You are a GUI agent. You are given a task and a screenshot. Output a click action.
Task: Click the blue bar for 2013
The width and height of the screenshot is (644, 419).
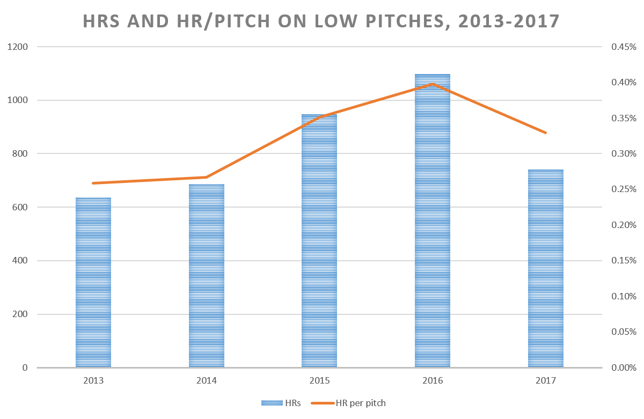pyautogui.click(x=93, y=283)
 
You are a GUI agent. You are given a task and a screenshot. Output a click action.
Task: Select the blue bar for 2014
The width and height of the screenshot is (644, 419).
pyautogui.click(x=207, y=276)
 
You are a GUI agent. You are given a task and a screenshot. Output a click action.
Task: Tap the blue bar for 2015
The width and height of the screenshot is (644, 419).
pyautogui.click(x=319, y=241)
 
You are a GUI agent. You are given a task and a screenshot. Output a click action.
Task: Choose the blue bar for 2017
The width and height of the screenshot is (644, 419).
pyautogui.click(x=546, y=269)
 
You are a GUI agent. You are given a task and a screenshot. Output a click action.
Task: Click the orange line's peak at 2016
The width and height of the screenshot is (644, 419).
pyautogui.click(x=433, y=84)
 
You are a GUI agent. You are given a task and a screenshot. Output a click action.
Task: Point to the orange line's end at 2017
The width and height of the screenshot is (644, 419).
pyautogui.click(x=546, y=133)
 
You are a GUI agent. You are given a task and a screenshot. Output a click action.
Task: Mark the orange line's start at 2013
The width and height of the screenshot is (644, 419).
pyautogui.click(x=93, y=183)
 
